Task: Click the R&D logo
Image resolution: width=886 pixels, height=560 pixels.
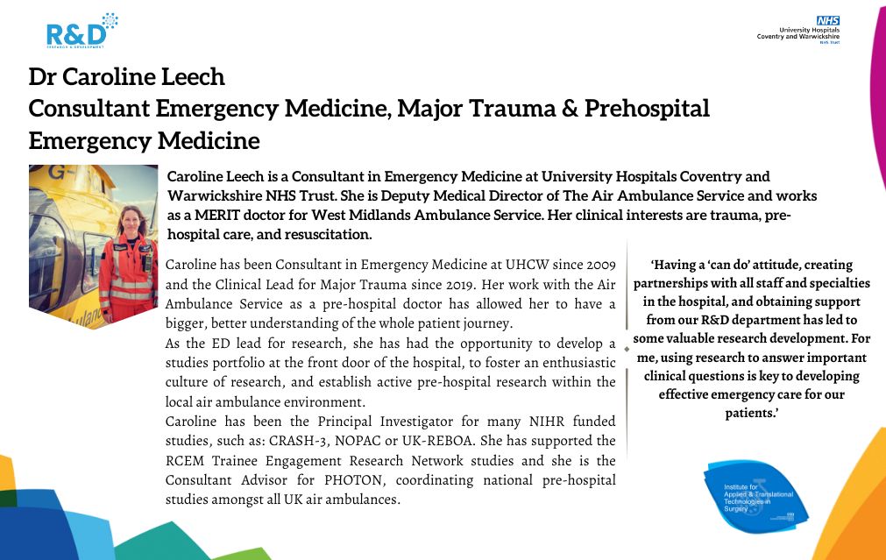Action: coord(77,32)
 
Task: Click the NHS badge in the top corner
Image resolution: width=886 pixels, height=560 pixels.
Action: coord(827,19)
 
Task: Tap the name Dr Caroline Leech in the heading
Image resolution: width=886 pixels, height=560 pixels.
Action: coord(127,77)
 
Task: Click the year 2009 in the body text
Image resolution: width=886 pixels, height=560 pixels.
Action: coord(597,265)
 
